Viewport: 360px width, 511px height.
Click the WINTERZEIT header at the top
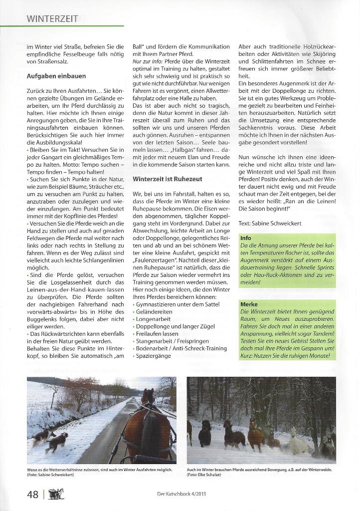(x=52, y=19)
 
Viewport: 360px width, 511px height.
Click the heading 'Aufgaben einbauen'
(x=56, y=76)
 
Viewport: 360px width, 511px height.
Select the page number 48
(x=33, y=494)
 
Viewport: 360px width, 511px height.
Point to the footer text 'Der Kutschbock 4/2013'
(x=180, y=495)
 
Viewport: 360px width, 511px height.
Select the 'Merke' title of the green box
(x=249, y=304)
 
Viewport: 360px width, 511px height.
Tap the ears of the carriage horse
(x=148, y=394)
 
